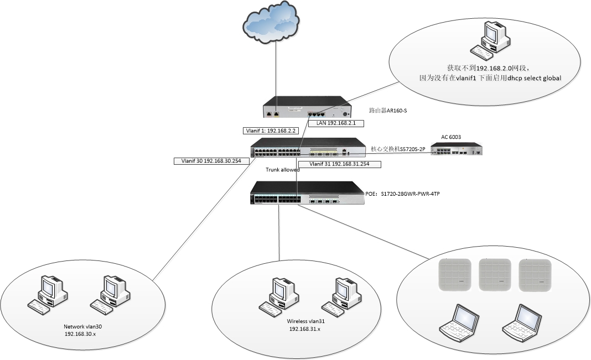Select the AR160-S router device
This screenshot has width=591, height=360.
click(307, 107)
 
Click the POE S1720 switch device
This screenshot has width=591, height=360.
click(307, 193)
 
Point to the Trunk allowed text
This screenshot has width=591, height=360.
click(283, 170)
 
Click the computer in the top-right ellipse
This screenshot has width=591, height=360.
click(490, 40)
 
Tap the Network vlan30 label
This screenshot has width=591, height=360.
click(83, 327)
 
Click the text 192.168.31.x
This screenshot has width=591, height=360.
click(304, 329)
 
